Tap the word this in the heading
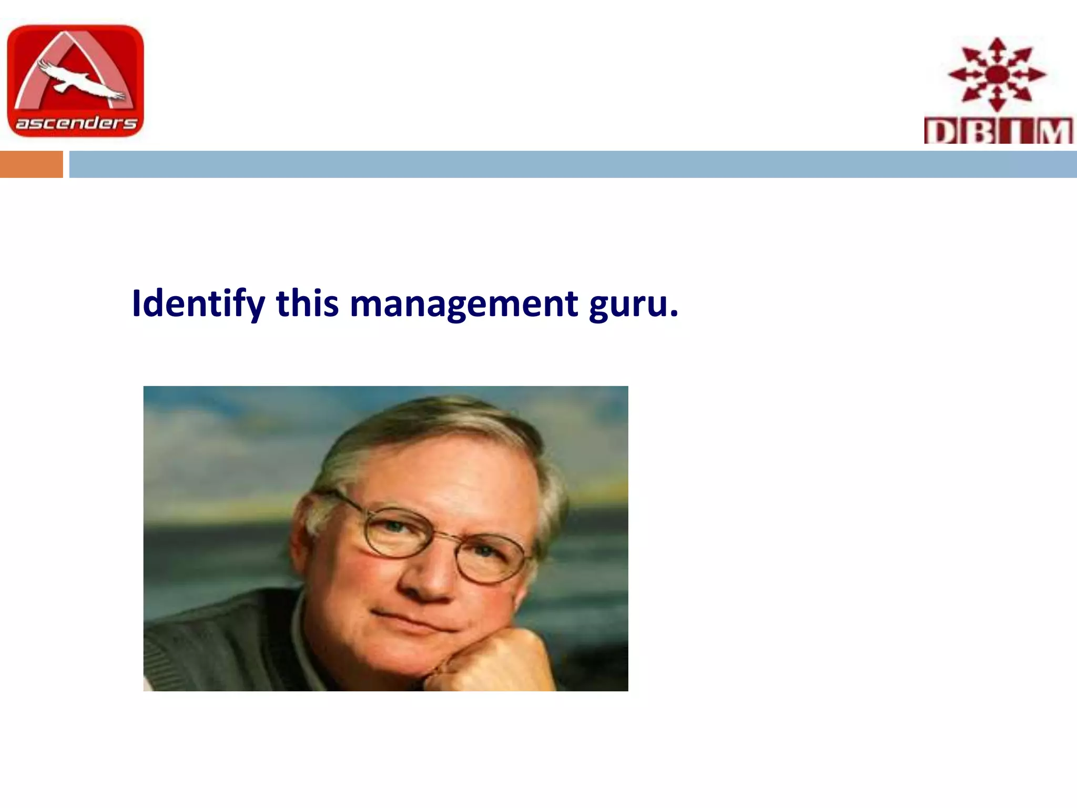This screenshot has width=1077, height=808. (307, 304)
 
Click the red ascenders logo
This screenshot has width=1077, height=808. (75, 81)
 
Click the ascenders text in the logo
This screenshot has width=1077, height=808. (76, 123)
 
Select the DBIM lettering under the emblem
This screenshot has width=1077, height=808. (998, 131)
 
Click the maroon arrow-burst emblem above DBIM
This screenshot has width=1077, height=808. (996, 74)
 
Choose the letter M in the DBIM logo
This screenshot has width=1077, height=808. (1054, 132)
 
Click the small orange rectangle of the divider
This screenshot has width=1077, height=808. (31, 164)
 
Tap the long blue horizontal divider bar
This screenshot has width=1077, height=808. (572, 164)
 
